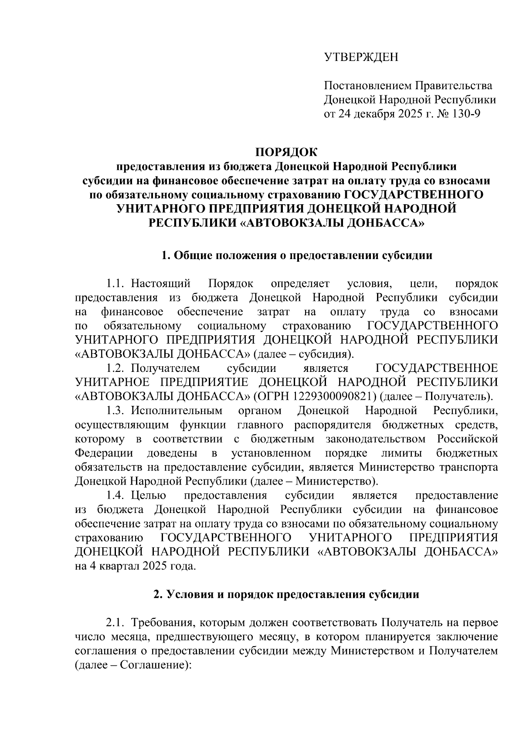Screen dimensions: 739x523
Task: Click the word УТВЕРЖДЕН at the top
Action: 361,57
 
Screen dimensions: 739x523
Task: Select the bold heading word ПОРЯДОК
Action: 286,152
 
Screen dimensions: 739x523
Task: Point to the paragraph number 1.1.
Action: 115,284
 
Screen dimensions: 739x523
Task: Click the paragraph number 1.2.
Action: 115,368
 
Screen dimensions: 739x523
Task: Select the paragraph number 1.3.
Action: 115,411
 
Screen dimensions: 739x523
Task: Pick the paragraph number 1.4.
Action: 115,495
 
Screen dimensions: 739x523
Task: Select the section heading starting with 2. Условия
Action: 286,594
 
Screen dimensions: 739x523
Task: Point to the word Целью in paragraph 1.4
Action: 149,495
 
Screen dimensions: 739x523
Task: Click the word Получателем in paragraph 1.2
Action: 165,368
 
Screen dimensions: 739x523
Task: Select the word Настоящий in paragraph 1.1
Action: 161,284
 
